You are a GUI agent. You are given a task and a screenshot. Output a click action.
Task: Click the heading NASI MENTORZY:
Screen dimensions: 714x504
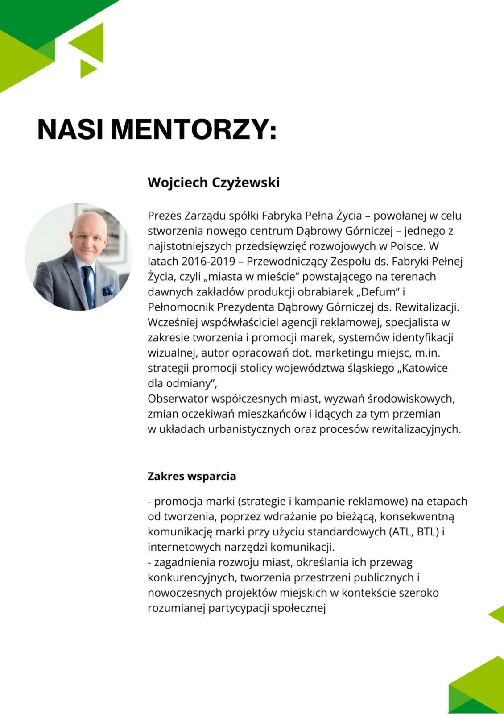[x=157, y=129]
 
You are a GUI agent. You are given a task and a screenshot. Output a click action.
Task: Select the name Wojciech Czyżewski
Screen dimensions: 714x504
[x=213, y=183]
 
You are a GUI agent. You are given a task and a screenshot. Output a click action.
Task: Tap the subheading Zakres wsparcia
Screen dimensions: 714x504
[x=192, y=476]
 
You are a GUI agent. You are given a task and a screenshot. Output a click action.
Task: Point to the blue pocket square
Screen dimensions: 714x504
[x=108, y=291]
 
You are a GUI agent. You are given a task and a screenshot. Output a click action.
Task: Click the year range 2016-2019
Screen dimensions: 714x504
[x=208, y=261]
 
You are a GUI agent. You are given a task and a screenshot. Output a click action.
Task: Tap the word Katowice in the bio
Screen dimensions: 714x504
[x=425, y=368]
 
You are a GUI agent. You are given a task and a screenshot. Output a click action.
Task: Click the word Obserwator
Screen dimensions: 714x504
[x=177, y=399]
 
